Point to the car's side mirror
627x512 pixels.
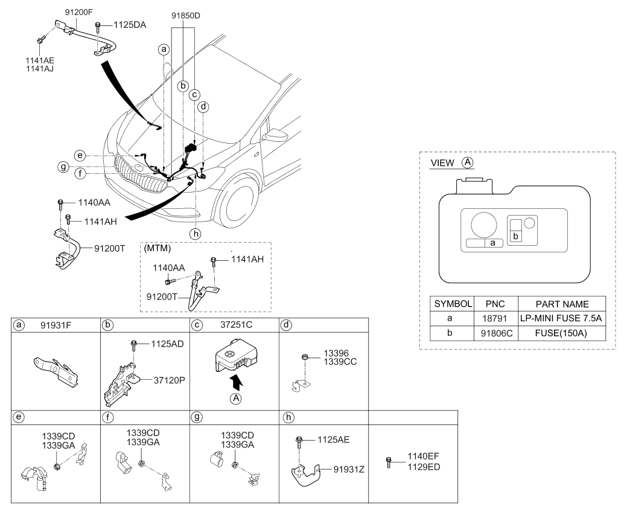click(x=278, y=134)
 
